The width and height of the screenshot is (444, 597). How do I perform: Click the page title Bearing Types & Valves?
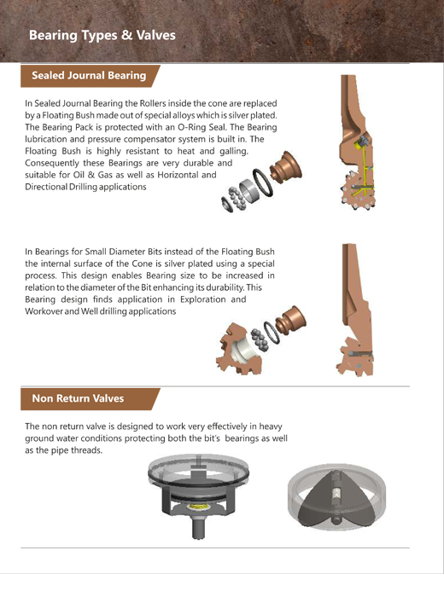[102, 36]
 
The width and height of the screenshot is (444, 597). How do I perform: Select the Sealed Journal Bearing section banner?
[90, 76]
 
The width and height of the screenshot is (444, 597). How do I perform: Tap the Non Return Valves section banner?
[90, 398]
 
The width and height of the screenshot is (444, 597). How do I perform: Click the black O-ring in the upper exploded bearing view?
[263, 183]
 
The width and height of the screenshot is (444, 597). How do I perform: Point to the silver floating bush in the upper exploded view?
[249, 190]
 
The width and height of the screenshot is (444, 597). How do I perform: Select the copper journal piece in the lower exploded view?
[291, 320]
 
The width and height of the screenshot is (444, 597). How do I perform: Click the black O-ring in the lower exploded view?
[272, 333]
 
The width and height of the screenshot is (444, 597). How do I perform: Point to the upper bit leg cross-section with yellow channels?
[357, 142]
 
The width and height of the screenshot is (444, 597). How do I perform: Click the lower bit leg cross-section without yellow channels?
[355, 310]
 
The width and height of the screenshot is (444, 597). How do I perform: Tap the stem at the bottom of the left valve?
[198, 527]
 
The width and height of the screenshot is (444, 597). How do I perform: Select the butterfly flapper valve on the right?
[336, 496]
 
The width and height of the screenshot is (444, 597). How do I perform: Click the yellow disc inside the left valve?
[199, 506]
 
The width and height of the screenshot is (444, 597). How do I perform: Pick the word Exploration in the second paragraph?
[203, 299]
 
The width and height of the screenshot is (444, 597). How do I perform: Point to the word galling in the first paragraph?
[234, 152]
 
